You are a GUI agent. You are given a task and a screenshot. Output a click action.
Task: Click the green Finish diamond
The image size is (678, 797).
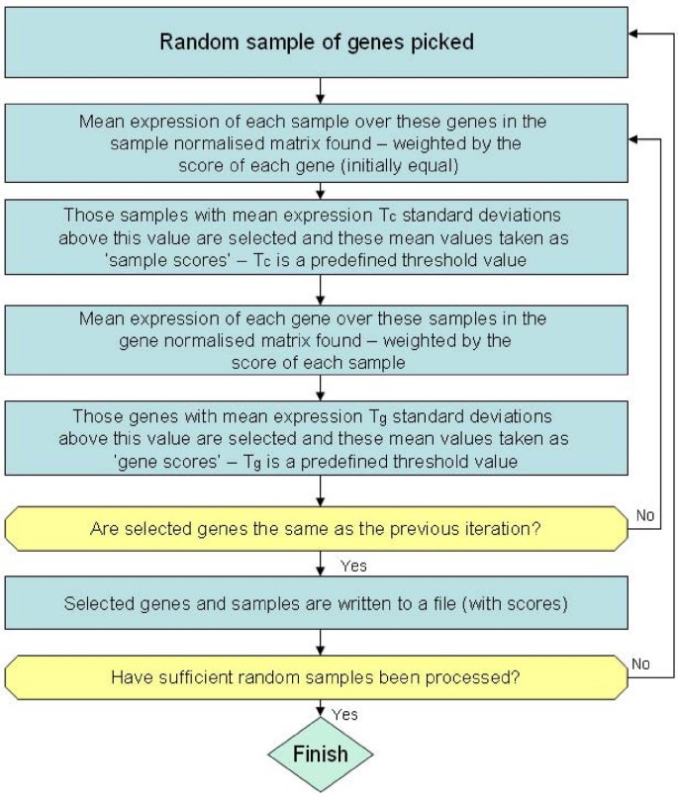321,753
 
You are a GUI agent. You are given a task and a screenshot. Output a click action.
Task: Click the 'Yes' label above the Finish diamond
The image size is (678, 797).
345,713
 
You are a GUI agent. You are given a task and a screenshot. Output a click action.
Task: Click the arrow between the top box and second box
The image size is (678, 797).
320,92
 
